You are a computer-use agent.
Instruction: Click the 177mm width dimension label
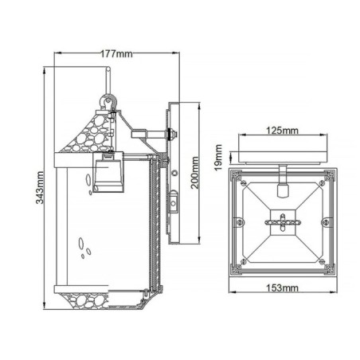point(116,54)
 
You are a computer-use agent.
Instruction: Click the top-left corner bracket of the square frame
point(237,178)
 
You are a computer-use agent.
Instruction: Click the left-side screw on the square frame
point(238,221)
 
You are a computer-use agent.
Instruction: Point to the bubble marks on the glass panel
point(83,247)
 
